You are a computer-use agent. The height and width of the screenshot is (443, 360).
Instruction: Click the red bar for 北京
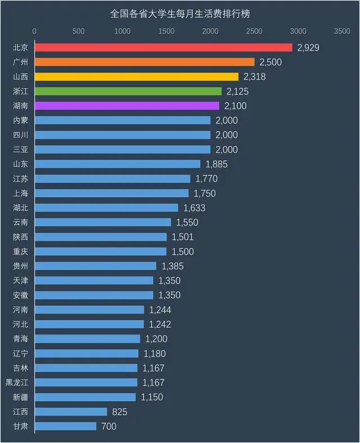click(163, 48)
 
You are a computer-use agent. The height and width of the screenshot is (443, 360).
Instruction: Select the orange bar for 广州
click(145, 62)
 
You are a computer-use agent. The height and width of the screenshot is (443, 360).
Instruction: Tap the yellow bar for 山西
click(137, 76)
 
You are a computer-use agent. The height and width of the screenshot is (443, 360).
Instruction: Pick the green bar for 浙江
click(128, 91)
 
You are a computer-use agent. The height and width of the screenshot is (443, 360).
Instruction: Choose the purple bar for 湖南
click(127, 106)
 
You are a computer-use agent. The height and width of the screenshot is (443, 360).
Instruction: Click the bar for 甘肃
click(66, 426)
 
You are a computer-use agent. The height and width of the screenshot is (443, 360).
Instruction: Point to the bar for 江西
click(71, 412)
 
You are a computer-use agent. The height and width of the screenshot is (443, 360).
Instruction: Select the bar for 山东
click(118, 164)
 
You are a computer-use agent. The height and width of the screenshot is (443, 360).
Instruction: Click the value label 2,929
click(308, 48)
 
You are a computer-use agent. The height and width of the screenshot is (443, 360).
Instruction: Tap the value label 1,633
click(194, 207)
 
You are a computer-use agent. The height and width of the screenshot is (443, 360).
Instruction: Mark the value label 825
click(119, 412)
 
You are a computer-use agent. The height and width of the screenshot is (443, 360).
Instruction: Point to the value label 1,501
click(183, 237)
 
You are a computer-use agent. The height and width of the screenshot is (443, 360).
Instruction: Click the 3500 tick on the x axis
click(342, 31)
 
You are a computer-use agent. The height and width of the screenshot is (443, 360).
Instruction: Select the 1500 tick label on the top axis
click(166, 31)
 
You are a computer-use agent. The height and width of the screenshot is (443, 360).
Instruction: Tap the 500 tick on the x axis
click(79, 31)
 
